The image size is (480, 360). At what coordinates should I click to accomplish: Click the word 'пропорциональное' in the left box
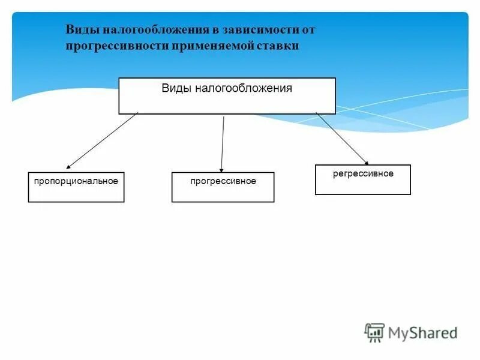(76, 181)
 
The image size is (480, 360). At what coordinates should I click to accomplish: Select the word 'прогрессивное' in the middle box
(223, 181)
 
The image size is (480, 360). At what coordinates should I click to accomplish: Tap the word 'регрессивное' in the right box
(363, 173)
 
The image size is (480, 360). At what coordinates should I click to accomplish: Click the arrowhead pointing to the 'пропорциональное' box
(68, 167)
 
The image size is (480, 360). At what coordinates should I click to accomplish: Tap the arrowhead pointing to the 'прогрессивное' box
(221, 170)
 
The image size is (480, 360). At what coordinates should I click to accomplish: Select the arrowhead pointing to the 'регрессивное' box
(367, 162)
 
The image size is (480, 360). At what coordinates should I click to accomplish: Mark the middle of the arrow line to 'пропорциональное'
(102, 140)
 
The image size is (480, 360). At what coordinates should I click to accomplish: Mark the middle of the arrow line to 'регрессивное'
(341, 137)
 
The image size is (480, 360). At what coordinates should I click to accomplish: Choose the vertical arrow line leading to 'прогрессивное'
(223, 144)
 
